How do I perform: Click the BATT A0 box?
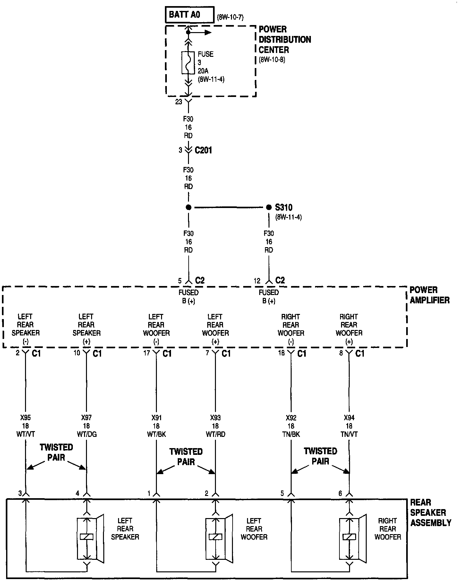point(189,15)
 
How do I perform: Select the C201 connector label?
point(203,150)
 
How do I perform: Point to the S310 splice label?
point(284,207)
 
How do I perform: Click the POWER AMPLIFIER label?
point(429,295)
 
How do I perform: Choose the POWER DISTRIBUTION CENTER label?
point(285,39)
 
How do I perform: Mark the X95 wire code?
point(25,418)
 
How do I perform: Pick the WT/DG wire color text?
point(86,434)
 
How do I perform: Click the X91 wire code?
point(156,418)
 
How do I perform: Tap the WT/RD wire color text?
point(215,434)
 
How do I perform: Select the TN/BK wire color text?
point(291,434)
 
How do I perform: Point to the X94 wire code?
point(349,418)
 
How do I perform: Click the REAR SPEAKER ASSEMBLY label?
point(431,513)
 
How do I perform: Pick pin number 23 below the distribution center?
point(179,102)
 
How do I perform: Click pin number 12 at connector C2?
point(257,281)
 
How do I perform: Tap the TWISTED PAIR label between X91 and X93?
point(186,456)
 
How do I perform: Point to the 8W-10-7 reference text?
point(230,17)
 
